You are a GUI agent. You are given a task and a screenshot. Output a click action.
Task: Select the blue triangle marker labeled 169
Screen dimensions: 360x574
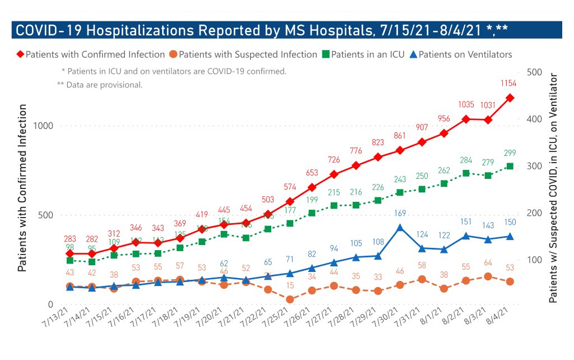pyautogui.click(x=400, y=228)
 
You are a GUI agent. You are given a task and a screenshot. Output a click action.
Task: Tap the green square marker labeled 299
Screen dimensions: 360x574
pyautogui.click(x=510, y=166)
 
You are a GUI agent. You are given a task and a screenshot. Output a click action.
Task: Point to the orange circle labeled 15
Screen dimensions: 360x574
pyautogui.click(x=290, y=299)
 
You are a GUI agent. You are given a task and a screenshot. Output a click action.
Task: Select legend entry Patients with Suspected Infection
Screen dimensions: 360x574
pyautogui.click(x=243, y=54)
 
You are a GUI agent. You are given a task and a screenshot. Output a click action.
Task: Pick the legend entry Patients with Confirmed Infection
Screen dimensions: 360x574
pyautogui.click(x=90, y=54)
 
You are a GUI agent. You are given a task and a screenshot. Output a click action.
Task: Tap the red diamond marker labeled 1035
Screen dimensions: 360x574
pyautogui.click(x=466, y=119)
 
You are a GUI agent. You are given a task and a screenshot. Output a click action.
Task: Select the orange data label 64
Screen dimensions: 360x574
pyautogui.click(x=488, y=262)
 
